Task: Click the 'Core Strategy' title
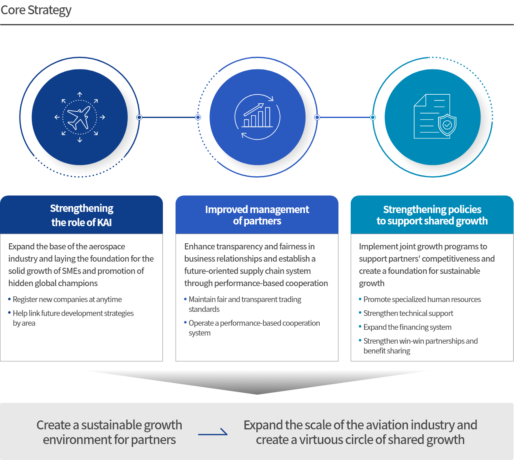pos(36,10)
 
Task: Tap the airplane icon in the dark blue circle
pos(80,117)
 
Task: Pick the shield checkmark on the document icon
pos(447,125)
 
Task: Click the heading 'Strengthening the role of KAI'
pos(82,215)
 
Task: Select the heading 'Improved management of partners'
pos(257,215)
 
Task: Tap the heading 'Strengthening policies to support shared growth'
pos(432,215)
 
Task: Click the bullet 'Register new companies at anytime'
pos(67,300)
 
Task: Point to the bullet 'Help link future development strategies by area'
pos(73,318)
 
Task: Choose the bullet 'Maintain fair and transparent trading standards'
pos(245,304)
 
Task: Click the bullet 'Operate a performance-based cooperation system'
pos(254,328)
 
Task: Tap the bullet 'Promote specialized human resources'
pos(422,300)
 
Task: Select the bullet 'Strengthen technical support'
pos(408,313)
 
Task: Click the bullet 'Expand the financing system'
pos(407,327)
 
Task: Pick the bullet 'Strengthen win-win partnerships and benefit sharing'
pos(420,346)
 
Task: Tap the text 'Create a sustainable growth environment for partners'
pos(109,432)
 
